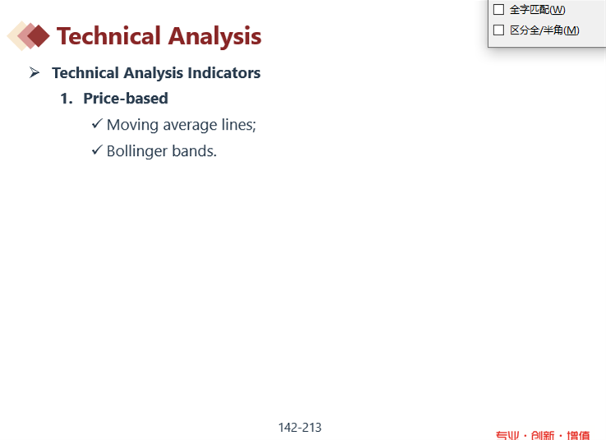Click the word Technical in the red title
[108, 36]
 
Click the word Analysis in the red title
[215, 37]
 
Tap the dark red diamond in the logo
[39, 36]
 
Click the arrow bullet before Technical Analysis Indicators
[34, 72]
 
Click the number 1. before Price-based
[67, 99]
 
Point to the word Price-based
[126, 99]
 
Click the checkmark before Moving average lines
[97, 124]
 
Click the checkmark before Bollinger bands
[97, 150]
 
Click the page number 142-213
[300, 428]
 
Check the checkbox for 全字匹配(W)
[499, 9]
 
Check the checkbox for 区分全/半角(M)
[499, 30]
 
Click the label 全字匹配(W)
[538, 10]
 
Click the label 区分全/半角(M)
[544, 30]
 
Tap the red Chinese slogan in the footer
[543, 435]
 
